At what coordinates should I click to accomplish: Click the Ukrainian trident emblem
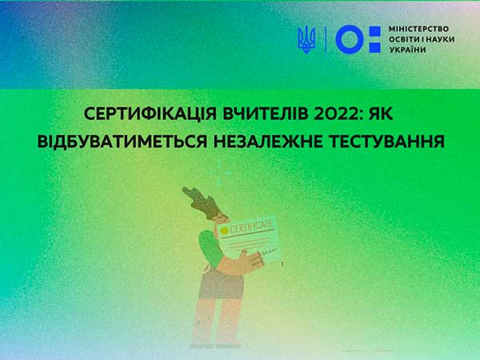306,39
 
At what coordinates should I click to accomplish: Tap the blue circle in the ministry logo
350,39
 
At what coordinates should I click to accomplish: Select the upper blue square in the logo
375,31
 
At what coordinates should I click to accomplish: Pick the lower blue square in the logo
375,47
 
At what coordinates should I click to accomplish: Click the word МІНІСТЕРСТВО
418,29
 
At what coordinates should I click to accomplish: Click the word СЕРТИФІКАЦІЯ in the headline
150,114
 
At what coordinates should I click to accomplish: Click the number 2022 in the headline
337,114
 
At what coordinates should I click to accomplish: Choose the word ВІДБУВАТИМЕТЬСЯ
122,142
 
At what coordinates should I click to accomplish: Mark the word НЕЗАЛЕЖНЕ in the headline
268,142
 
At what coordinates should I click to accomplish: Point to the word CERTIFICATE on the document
251,227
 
